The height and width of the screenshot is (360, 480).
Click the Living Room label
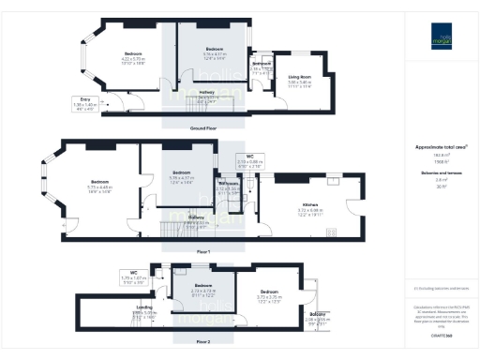(299, 78)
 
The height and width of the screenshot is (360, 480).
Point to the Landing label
(145, 307)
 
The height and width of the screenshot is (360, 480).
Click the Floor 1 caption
(203, 252)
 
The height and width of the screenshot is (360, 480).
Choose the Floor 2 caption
(203, 342)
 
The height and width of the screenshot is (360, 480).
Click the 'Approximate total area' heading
(440, 147)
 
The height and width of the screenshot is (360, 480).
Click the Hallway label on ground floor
(207, 94)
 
